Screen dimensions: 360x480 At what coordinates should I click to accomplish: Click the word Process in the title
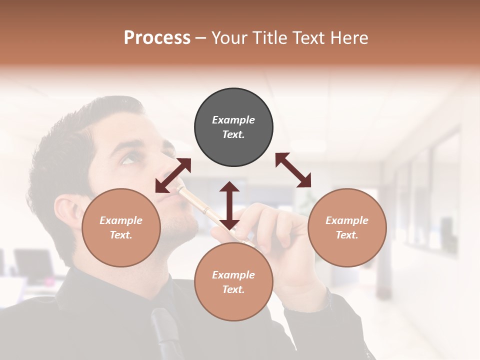(x=157, y=38)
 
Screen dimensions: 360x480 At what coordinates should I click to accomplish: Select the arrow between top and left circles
(x=173, y=175)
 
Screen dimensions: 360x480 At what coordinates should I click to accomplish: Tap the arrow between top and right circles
(x=293, y=170)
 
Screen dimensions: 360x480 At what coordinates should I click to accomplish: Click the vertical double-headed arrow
(x=229, y=205)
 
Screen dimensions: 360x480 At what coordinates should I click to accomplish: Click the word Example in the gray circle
(x=233, y=120)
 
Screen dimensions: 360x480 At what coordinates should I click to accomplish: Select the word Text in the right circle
(x=347, y=235)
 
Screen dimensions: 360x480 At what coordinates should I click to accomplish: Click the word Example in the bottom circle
(x=233, y=275)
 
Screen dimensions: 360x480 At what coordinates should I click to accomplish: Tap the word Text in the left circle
(x=121, y=235)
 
